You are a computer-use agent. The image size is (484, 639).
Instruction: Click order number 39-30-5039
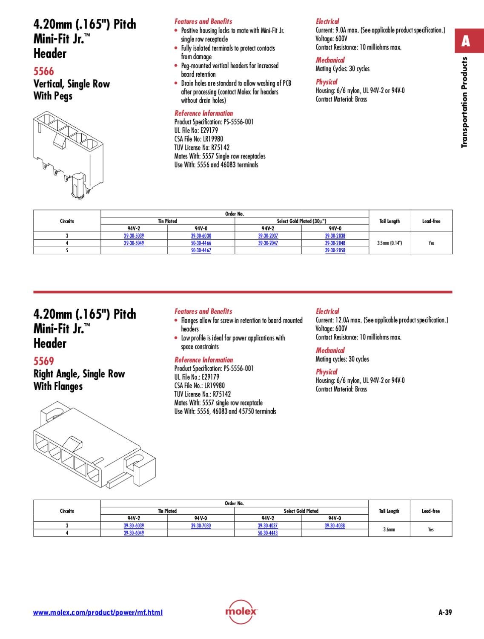coord(134,236)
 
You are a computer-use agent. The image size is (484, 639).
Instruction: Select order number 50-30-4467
coord(201,250)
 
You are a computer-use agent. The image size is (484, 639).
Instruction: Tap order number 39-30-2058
coord(335,250)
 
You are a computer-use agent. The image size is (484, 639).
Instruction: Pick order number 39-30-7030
coord(201,526)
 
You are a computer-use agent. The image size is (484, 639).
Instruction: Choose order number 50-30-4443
coord(268,533)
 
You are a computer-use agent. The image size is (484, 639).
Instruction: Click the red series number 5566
coord(44,71)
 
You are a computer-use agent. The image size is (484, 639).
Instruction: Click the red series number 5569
coord(44,361)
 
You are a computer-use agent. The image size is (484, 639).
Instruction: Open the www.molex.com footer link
coord(98,613)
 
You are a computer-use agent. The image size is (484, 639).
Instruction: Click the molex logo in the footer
coord(241,612)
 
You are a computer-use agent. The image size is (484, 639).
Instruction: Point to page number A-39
coord(445,613)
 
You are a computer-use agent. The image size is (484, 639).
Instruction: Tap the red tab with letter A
coord(466,41)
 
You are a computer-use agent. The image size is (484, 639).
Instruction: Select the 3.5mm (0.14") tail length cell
coord(389,243)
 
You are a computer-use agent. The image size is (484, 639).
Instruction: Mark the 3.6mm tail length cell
coord(389,530)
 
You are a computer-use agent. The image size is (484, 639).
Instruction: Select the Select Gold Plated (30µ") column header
coord(301,221)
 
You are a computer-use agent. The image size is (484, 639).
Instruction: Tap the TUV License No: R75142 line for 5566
coord(202,147)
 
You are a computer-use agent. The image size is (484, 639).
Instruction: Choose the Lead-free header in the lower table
coord(431,511)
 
